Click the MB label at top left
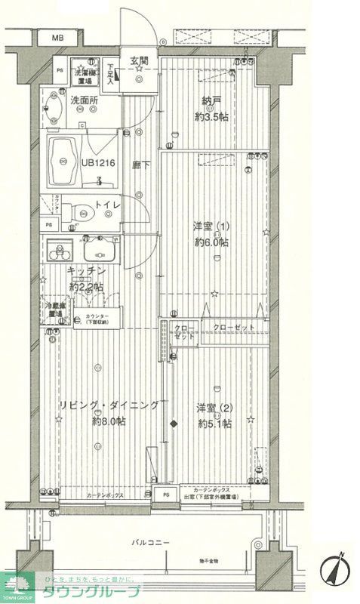click(57, 36)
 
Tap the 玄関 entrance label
click(138, 60)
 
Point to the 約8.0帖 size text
click(108, 421)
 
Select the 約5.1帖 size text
click(214, 424)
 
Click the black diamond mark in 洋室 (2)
click(174, 424)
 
